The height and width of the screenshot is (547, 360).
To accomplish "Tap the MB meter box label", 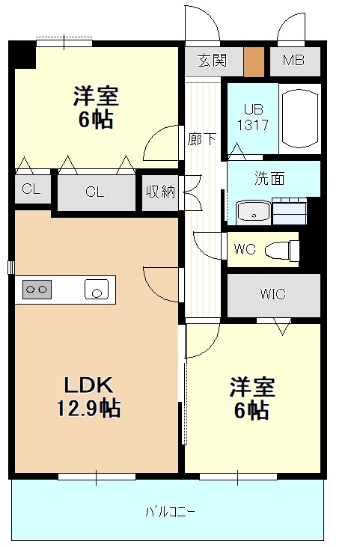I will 293,60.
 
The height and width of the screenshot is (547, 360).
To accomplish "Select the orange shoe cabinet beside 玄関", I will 254,60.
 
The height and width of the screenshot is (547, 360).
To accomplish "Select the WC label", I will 245,249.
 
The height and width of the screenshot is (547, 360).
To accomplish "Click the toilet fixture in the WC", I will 281,249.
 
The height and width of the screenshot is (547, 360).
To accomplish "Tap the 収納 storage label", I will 159,192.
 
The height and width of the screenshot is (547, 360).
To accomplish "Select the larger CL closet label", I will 94,192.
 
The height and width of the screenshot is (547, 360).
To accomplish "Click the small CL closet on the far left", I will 31,189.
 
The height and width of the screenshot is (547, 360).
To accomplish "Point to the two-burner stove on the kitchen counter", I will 37,289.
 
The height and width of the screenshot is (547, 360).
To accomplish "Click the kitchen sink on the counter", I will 97,289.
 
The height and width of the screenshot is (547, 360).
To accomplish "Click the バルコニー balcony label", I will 170,512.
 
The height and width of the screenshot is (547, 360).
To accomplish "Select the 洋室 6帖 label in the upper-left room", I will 95,109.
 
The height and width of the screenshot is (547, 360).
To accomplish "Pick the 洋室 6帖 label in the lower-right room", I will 252,399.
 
